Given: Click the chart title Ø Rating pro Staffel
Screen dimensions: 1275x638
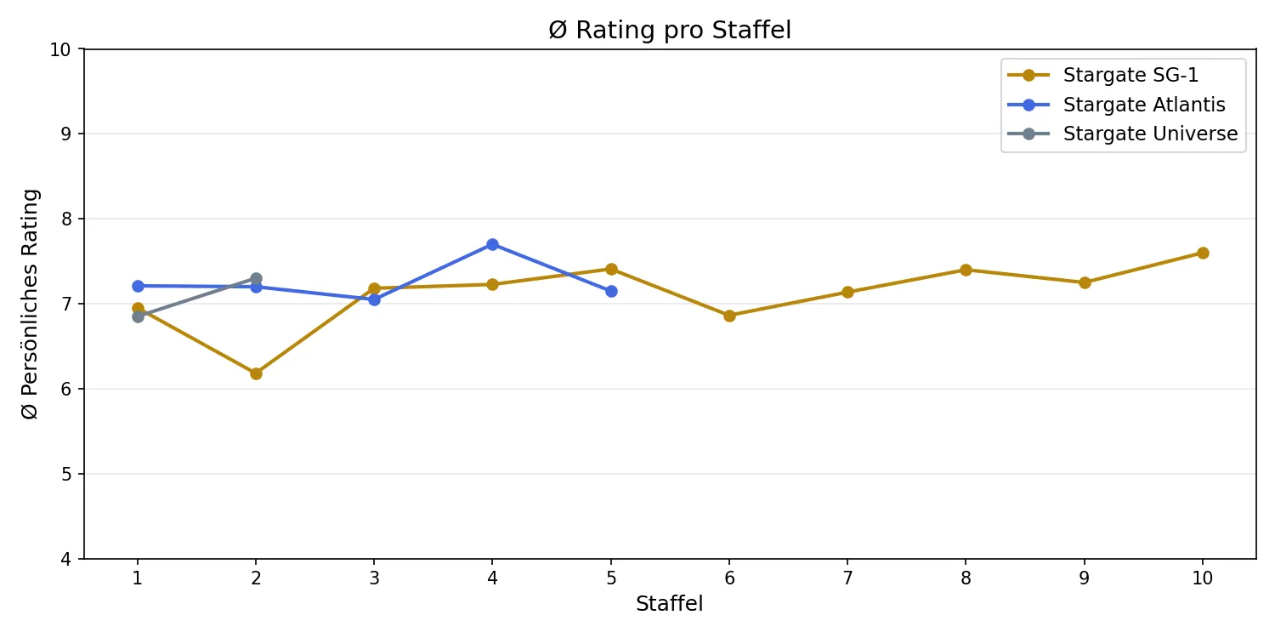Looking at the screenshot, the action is pyautogui.click(x=670, y=31).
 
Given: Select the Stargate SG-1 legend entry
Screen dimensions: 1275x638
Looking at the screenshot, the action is pyautogui.click(x=1130, y=76).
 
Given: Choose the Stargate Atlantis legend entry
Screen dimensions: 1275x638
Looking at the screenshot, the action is pyautogui.click(x=1144, y=105).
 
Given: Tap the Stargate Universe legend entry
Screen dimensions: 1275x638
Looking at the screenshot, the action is pyautogui.click(x=1150, y=134).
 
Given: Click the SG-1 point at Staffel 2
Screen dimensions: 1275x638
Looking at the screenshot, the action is pyautogui.click(x=256, y=373).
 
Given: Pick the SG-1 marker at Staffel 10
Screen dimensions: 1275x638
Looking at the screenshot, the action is pyautogui.click(x=1203, y=253).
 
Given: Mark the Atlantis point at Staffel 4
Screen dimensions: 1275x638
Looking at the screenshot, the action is pyautogui.click(x=492, y=244).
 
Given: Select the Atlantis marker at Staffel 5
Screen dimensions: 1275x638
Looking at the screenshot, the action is pyautogui.click(x=611, y=291).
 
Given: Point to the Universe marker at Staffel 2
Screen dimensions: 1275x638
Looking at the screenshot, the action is pyautogui.click(x=256, y=278).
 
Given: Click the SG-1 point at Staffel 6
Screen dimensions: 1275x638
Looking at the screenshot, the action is pyautogui.click(x=729, y=316).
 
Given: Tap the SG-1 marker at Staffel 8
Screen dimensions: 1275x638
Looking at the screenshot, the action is pyautogui.click(x=966, y=270).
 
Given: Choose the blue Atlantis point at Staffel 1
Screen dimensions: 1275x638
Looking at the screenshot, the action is pyautogui.click(x=138, y=286).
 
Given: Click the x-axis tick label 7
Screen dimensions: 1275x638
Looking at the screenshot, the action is pyautogui.click(x=847, y=578).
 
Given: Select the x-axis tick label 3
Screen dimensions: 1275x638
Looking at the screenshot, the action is pyautogui.click(x=374, y=578).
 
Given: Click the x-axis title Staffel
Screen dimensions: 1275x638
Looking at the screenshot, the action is pyautogui.click(x=670, y=605).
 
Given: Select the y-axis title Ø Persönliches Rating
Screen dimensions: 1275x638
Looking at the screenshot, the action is pyautogui.click(x=31, y=304).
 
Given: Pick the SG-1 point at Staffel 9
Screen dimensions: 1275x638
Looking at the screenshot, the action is pyautogui.click(x=1085, y=282).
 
